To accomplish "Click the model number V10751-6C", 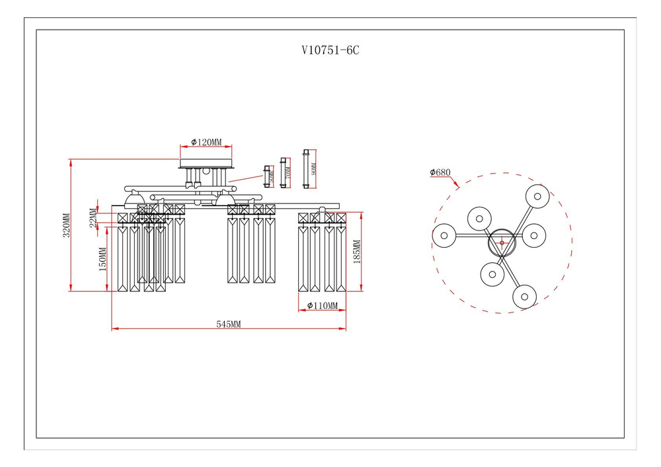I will [x=330, y=50].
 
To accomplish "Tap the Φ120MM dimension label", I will [x=206, y=143].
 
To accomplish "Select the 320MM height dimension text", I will [x=65, y=225].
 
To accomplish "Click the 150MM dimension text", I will [x=102, y=259].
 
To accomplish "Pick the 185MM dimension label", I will [x=356, y=252].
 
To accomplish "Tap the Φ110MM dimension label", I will [x=323, y=305].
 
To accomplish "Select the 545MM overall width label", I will [x=229, y=324].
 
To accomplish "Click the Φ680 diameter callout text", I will [x=440, y=172].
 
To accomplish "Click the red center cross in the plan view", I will [x=502, y=243].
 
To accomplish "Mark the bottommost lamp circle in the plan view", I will [x=524, y=297].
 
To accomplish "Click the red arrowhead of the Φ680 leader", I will [x=457, y=187].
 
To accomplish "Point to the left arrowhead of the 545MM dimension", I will [x=114, y=328].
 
